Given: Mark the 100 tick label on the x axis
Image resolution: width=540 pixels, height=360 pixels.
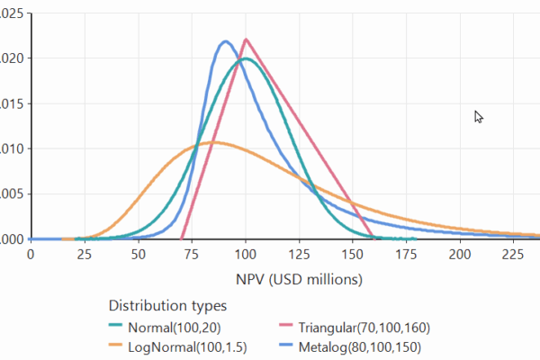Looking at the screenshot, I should (245, 255).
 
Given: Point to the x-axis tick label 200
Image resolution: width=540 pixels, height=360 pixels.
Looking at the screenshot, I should (460, 255).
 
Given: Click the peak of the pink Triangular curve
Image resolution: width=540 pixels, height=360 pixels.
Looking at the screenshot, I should (246, 39).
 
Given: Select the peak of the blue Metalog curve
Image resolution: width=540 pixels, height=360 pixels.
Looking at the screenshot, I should (226, 40).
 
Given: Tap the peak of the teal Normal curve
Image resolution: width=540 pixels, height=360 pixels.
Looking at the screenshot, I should (246, 59).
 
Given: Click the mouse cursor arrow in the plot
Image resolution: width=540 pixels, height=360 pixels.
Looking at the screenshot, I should (479, 116).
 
